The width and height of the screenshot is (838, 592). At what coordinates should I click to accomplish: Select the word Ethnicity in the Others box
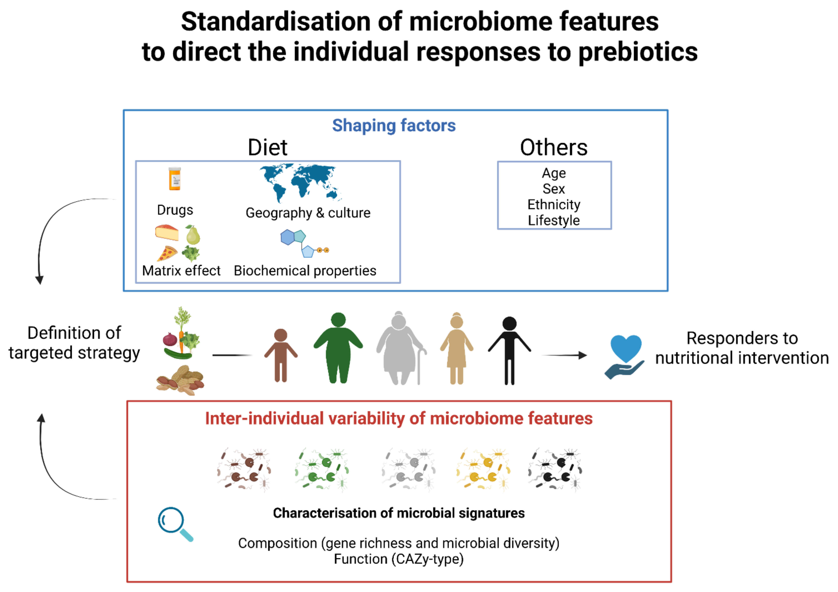tap(554, 204)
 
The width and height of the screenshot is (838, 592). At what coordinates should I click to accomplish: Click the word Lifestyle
tap(554, 220)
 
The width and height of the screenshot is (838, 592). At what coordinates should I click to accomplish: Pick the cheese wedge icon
tap(167, 233)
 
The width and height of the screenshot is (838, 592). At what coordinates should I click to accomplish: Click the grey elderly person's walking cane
tap(420, 365)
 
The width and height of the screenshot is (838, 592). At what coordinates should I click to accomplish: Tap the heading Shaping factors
tap(394, 125)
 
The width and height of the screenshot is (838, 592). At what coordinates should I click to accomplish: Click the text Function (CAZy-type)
tap(399, 559)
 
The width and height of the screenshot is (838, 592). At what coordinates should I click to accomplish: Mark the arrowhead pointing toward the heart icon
tap(583, 355)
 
